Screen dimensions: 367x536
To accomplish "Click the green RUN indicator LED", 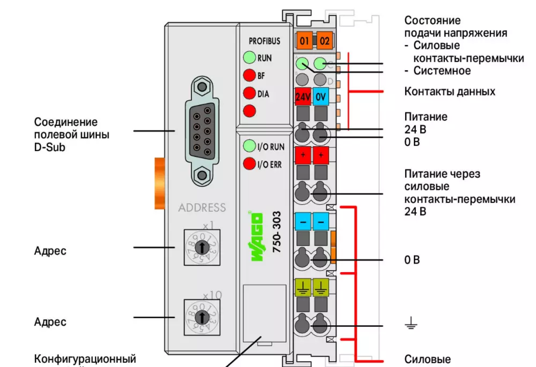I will pyautogui.click(x=249, y=57).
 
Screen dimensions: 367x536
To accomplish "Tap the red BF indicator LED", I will pyautogui.click(x=249, y=76).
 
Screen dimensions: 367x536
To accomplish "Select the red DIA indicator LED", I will pyautogui.click(x=249, y=93).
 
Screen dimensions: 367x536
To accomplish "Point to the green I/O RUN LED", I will pyautogui.click(x=249, y=146).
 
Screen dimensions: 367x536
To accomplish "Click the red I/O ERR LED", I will pyautogui.click(x=249, y=164).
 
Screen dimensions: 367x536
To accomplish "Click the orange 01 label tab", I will pyautogui.click(x=304, y=40).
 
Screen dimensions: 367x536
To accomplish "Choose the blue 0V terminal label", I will pyautogui.click(x=321, y=97).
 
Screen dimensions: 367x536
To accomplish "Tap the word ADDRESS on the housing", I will pyautogui.click(x=202, y=208).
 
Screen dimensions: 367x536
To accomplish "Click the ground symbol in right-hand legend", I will pyautogui.click(x=411, y=323).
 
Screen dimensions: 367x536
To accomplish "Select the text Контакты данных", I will pyautogui.click(x=450, y=92).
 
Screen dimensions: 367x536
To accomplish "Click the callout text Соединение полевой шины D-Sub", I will pyautogui.click(x=72, y=134).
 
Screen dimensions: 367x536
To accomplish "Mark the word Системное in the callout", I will pyautogui.click(x=442, y=71).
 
